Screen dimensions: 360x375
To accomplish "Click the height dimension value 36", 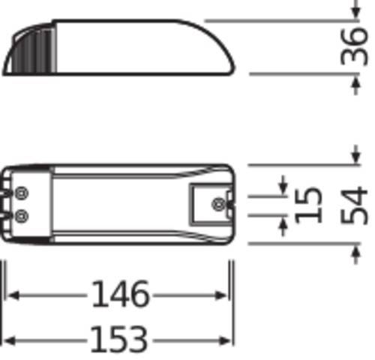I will click(x=358, y=47).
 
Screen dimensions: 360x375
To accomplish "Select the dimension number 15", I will click(x=309, y=205).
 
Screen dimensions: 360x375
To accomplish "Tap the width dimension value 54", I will click(x=355, y=205).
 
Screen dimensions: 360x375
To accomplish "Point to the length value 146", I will click(x=120, y=295).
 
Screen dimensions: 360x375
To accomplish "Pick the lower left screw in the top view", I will click(x=20, y=216).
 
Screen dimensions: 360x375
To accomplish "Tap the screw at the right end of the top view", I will click(x=218, y=203).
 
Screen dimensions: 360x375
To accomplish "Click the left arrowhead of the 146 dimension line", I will click(x=12, y=295).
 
